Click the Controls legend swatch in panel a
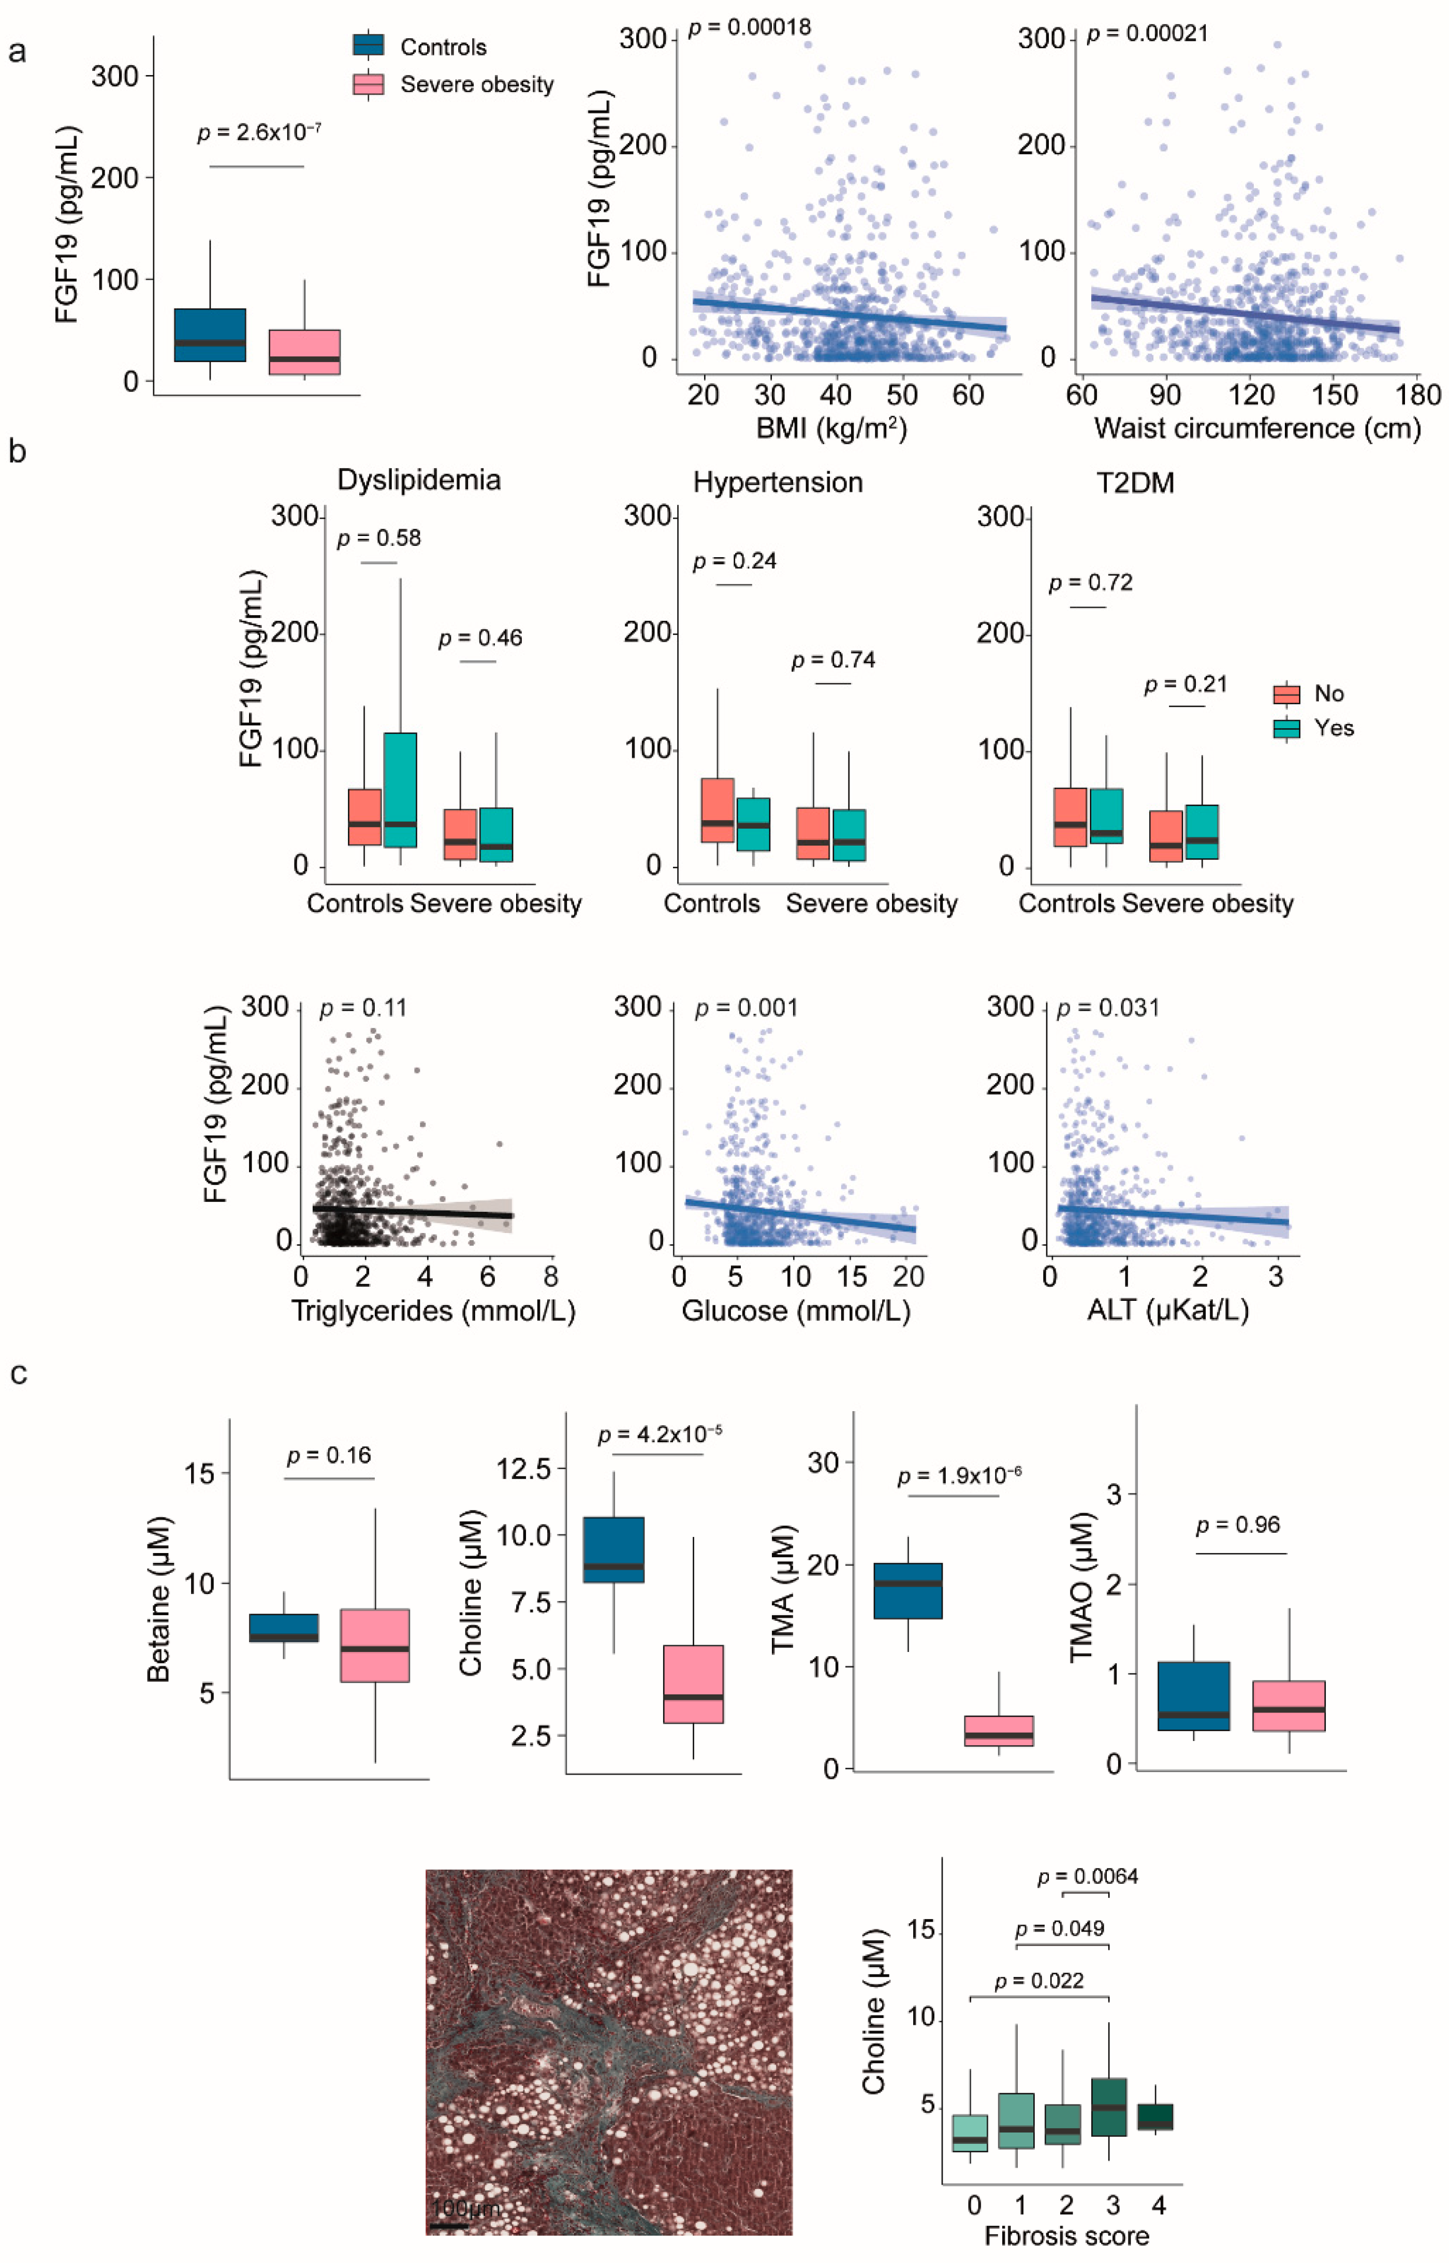tap(368, 45)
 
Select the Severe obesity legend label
tap(476, 85)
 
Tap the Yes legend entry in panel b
tap(1333, 728)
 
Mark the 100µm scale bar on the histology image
tap(449, 2225)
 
